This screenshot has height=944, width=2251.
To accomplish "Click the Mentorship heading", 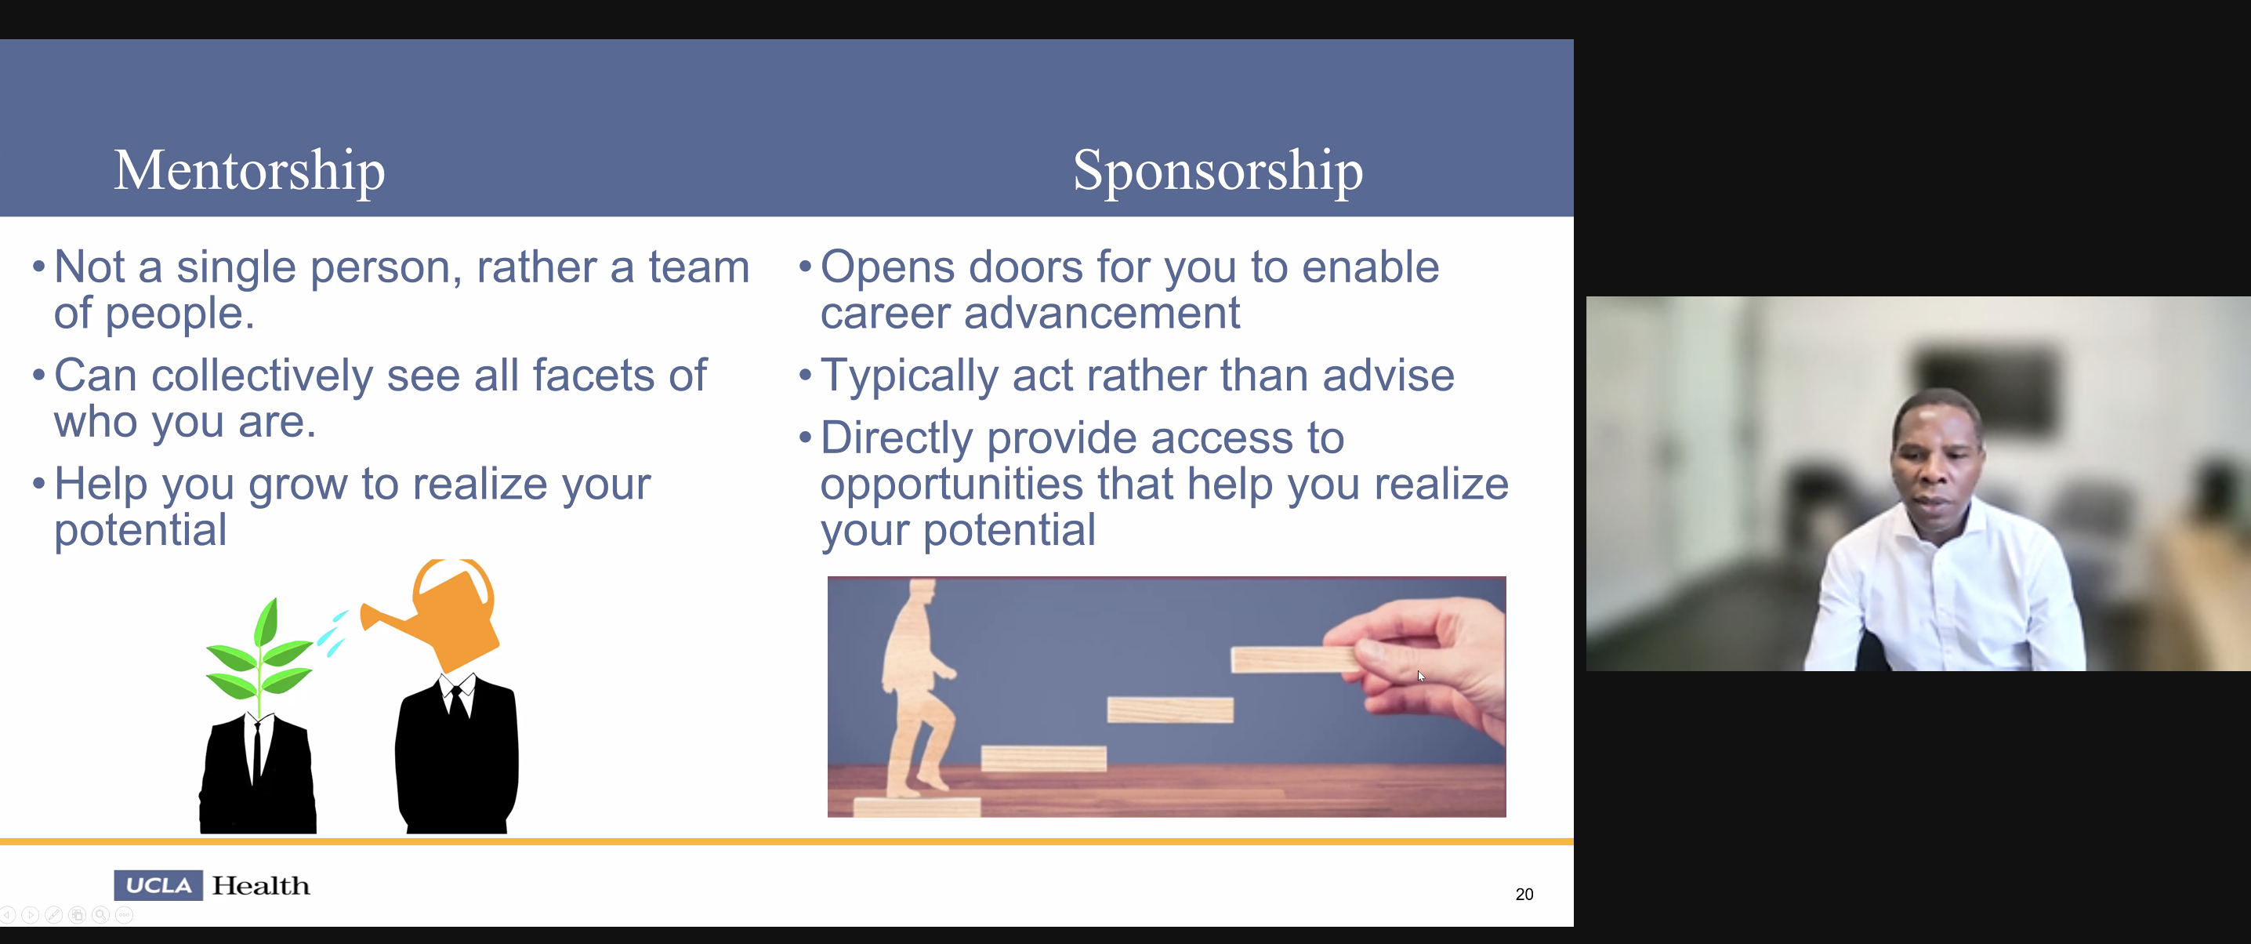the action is [x=249, y=172].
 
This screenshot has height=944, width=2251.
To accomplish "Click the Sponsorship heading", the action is [x=1217, y=172].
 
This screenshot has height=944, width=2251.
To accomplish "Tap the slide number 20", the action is [x=1524, y=894].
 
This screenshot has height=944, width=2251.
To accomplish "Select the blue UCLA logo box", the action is [x=158, y=885].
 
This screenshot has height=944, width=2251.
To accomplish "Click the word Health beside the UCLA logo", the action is [x=261, y=885].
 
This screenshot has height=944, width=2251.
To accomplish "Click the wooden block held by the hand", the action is [x=1293, y=659].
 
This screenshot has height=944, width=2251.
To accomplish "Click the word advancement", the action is [x=1101, y=313].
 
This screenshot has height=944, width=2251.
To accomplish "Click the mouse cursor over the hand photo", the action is [x=1421, y=676].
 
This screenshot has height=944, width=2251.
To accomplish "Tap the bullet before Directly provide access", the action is [x=805, y=437].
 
